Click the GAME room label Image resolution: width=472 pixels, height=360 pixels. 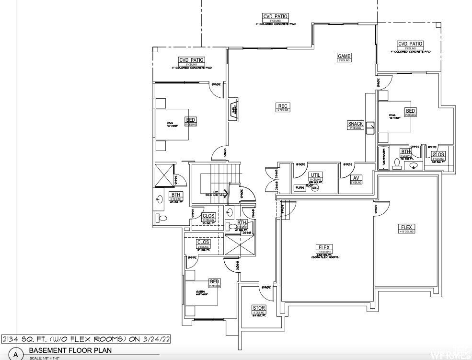[x=345, y=56]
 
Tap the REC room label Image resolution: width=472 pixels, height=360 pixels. [x=283, y=106]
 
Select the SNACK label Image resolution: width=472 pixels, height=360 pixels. [x=356, y=124]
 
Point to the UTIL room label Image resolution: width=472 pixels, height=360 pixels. [x=315, y=175]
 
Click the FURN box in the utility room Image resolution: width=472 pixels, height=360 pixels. [x=300, y=187]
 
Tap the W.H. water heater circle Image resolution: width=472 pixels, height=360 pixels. [x=315, y=188]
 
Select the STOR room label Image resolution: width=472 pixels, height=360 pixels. [x=259, y=308]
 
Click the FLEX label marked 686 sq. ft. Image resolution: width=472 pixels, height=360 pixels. [x=324, y=248]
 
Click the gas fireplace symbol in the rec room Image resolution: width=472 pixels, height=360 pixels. [x=234, y=110]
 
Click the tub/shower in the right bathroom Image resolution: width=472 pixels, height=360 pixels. [x=384, y=158]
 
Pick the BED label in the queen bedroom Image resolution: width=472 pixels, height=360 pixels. [x=214, y=281]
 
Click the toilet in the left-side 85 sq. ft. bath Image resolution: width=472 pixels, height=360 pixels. [x=163, y=218]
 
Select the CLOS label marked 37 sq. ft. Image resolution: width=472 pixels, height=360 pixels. [x=203, y=243]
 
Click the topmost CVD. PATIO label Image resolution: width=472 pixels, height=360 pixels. [x=275, y=16]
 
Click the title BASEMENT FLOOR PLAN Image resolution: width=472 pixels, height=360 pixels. [x=70, y=350]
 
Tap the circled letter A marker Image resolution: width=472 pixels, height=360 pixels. [x=16, y=355]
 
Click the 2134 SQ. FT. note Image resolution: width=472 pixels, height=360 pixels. [x=86, y=339]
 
